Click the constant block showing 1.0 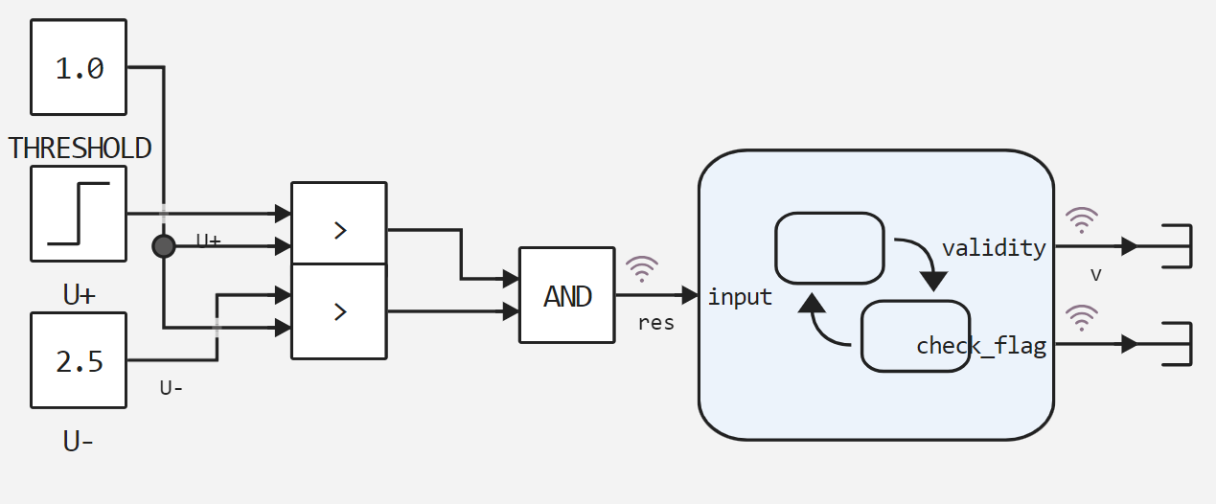[79, 68]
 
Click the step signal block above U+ [79, 213]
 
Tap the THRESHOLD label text [80, 149]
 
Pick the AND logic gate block [566, 295]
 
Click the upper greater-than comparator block [338, 229]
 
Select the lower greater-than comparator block [338, 311]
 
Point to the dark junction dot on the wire [164, 246]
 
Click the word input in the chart [740, 297]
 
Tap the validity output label [994, 248]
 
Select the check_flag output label [980, 346]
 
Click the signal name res [656, 323]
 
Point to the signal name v [1096, 275]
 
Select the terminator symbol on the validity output [1176, 246]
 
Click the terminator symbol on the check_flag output [1176, 343]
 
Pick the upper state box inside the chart [829, 247]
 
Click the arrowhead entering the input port [690, 295]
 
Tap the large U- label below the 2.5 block [79, 442]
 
